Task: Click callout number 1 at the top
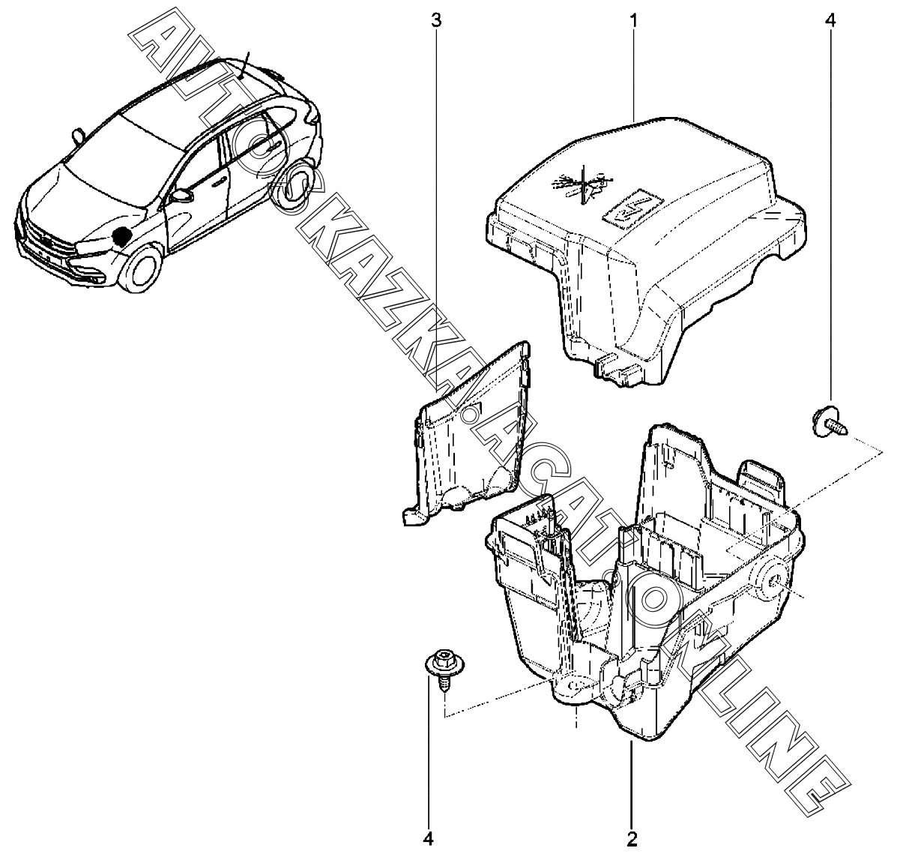click(x=633, y=19)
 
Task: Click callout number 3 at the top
click(x=436, y=19)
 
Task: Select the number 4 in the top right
click(x=829, y=19)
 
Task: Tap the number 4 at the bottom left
click(x=429, y=837)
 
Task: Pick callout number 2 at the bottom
click(x=632, y=837)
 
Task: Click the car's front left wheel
click(x=141, y=271)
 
